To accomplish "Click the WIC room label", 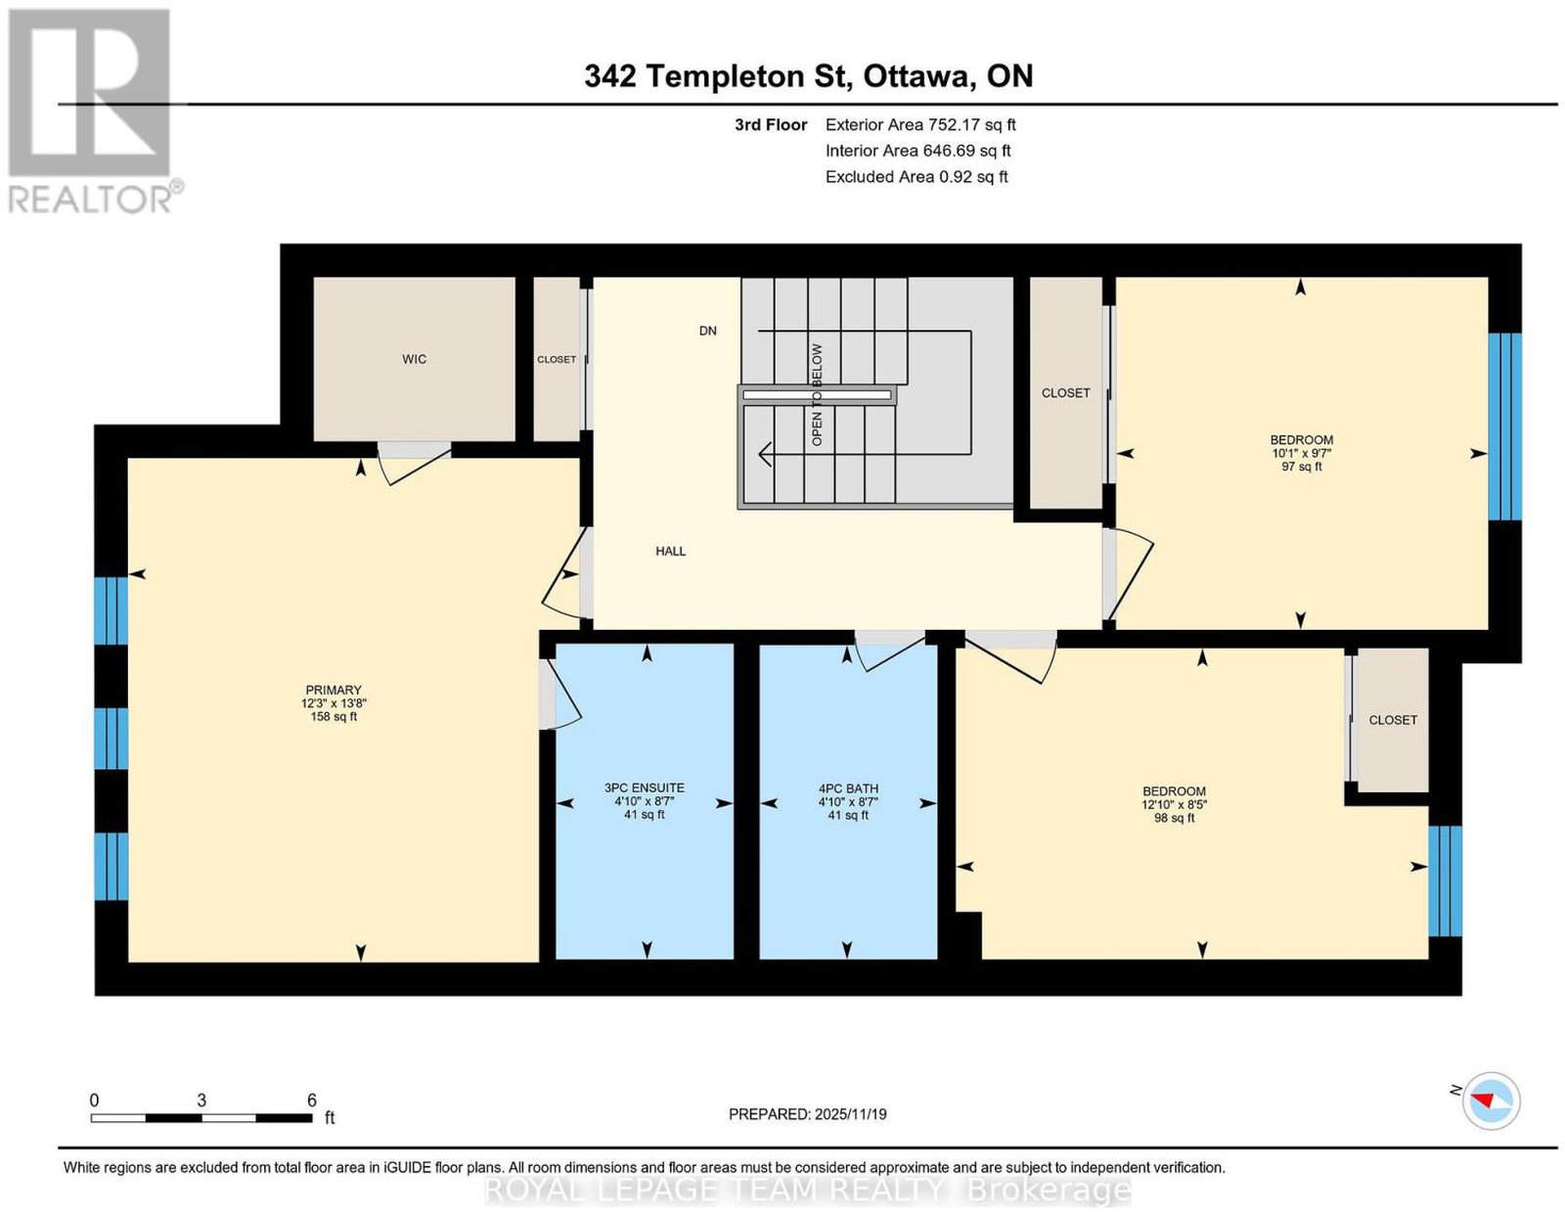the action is click(x=414, y=358).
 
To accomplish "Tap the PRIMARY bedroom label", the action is click(x=334, y=690).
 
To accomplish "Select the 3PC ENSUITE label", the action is click(x=645, y=788).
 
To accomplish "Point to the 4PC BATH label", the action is click(x=848, y=788).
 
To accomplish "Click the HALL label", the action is click(x=671, y=552).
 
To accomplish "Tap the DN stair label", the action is click(x=708, y=331).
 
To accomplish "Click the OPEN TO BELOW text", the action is click(x=817, y=394).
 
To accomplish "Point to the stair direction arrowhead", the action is click(x=765, y=454).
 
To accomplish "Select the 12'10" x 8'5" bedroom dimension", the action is click(x=1173, y=804).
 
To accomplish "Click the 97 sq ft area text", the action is click(x=1302, y=467).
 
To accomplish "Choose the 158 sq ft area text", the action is click(x=334, y=716).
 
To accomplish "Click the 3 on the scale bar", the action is click(x=201, y=1101).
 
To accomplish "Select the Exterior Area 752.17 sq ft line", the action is click(x=920, y=124).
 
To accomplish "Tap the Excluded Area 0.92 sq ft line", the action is click(x=917, y=176).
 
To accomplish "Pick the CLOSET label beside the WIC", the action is click(x=557, y=359).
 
